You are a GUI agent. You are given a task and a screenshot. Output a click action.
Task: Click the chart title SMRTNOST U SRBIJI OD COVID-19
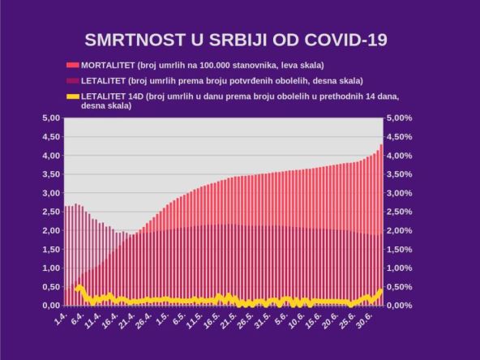click(x=236, y=40)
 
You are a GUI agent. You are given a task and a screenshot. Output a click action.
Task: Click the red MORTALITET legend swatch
click(x=73, y=64)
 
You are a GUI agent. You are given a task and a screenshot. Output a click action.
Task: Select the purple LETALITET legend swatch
click(x=73, y=80)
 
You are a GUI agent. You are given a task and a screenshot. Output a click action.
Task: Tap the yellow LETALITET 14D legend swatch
click(x=73, y=96)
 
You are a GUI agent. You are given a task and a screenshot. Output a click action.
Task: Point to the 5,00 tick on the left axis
click(x=50, y=118)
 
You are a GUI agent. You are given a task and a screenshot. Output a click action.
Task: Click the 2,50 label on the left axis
click(x=50, y=212)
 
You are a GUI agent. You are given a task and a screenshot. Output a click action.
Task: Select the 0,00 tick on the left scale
click(x=50, y=306)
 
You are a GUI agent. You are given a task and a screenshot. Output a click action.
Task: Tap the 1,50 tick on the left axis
click(x=50, y=249)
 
